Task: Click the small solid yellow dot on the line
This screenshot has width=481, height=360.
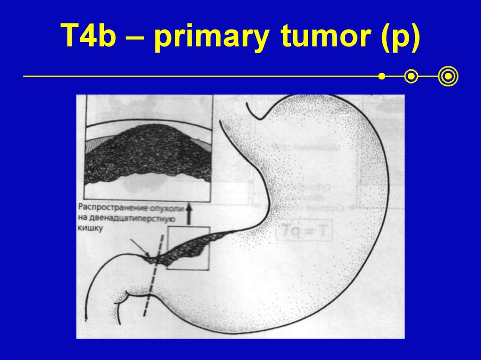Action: click(x=382, y=76)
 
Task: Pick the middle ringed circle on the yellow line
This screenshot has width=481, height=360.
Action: click(x=411, y=76)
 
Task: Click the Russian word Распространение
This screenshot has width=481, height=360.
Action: click(x=111, y=207)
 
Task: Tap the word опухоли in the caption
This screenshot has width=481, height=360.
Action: click(x=160, y=207)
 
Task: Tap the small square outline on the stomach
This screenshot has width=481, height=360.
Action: click(x=187, y=248)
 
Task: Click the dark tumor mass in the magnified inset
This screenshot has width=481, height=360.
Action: click(x=147, y=150)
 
